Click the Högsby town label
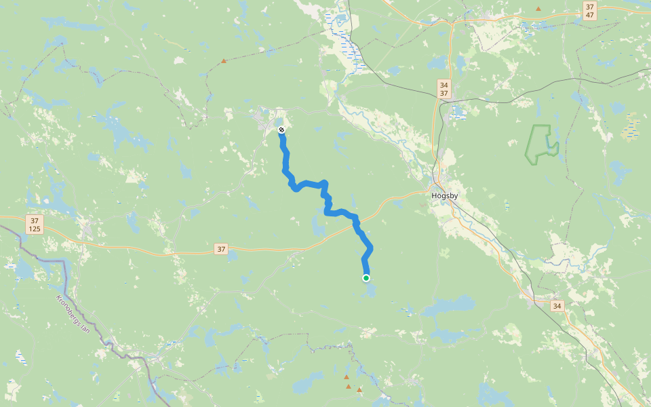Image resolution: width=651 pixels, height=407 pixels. (x=445, y=195)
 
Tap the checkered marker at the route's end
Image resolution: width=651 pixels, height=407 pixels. (x=281, y=130)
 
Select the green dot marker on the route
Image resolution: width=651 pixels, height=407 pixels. (x=366, y=277)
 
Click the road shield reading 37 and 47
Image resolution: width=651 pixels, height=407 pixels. (x=589, y=10)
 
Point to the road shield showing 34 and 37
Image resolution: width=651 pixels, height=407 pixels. (x=443, y=88)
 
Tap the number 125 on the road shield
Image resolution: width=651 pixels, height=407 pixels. (x=35, y=229)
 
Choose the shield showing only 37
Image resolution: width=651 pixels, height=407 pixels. (x=221, y=249)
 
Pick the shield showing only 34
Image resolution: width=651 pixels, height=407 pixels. (x=557, y=306)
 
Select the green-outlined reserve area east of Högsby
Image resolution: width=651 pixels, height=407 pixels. (x=542, y=143)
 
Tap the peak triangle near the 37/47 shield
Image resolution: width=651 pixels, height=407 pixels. (x=538, y=9)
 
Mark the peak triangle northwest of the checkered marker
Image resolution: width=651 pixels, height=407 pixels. (x=223, y=61)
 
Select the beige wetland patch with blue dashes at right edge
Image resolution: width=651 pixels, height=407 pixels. (x=632, y=125)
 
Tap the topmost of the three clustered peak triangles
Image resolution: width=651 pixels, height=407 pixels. (x=347, y=376)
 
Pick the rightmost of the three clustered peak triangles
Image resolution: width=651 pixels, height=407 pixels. (x=359, y=389)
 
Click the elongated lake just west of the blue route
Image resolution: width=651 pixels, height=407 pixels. (x=318, y=225)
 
